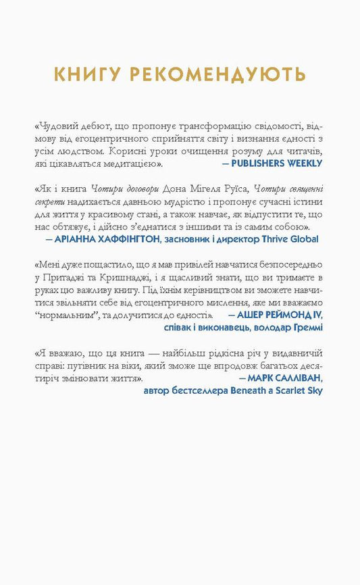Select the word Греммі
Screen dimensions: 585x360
pyautogui.click(x=307, y=328)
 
